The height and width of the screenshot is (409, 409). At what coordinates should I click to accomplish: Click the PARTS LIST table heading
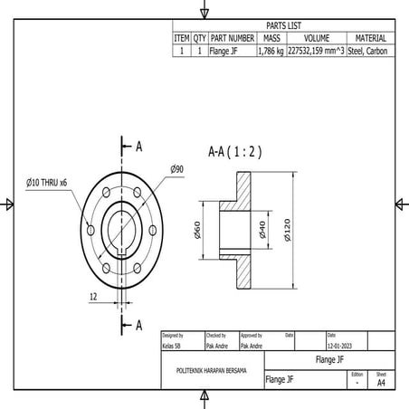[283, 25]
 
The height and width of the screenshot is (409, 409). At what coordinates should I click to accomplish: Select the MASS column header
[271, 39]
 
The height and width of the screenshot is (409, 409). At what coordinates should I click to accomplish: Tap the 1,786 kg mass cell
[271, 52]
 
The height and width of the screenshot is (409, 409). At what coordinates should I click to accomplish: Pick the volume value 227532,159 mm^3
[316, 52]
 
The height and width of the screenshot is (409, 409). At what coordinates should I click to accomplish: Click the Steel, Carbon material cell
[370, 52]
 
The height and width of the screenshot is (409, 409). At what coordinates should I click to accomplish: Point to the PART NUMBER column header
[232, 39]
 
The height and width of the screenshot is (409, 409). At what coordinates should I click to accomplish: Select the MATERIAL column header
[370, 39]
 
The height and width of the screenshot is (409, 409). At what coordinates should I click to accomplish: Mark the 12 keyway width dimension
[93, 297]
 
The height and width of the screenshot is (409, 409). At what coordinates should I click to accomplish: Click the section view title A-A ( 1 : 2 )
[234, 152]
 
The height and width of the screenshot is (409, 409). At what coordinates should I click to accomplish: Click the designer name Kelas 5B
[171, 346]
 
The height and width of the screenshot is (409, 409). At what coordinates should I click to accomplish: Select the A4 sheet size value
[381, 384]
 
